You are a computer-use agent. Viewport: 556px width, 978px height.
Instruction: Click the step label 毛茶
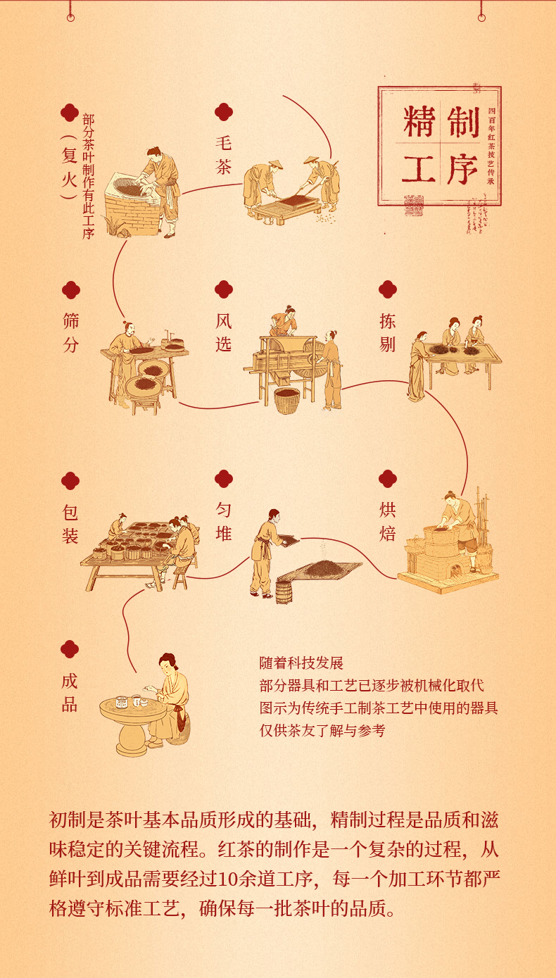(223, 154)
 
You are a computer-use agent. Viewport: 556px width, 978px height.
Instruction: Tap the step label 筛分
(70, 333)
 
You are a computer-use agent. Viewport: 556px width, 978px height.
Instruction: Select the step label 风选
(223, 333)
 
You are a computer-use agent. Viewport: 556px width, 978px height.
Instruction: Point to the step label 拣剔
(387, 333)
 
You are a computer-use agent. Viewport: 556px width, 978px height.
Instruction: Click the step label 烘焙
(387, 522)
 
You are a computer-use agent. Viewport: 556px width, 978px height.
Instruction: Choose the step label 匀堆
(223, 522)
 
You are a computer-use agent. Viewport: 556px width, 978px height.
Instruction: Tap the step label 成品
(70, 693)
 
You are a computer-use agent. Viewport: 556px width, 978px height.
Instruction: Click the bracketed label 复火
(68, 168)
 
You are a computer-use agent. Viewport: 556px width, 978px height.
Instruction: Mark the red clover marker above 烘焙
(387, 479)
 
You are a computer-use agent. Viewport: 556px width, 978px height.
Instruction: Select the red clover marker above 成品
(70, 649)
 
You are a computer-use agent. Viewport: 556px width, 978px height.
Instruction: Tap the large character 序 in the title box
(462, 169)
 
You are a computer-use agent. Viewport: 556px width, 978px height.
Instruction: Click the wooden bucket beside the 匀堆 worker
(284, 591)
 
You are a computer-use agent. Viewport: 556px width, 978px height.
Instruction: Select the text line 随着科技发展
(301, 663)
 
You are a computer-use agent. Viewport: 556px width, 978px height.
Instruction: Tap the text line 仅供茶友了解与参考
(322, 731)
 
